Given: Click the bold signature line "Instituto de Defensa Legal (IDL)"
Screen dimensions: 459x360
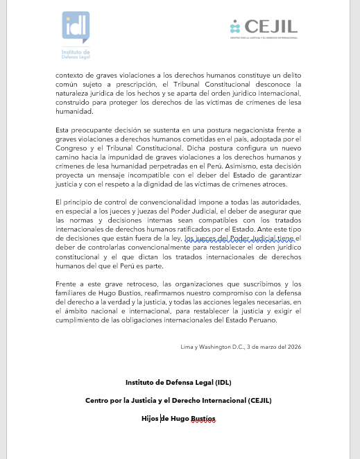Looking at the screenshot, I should pos(179,382).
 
